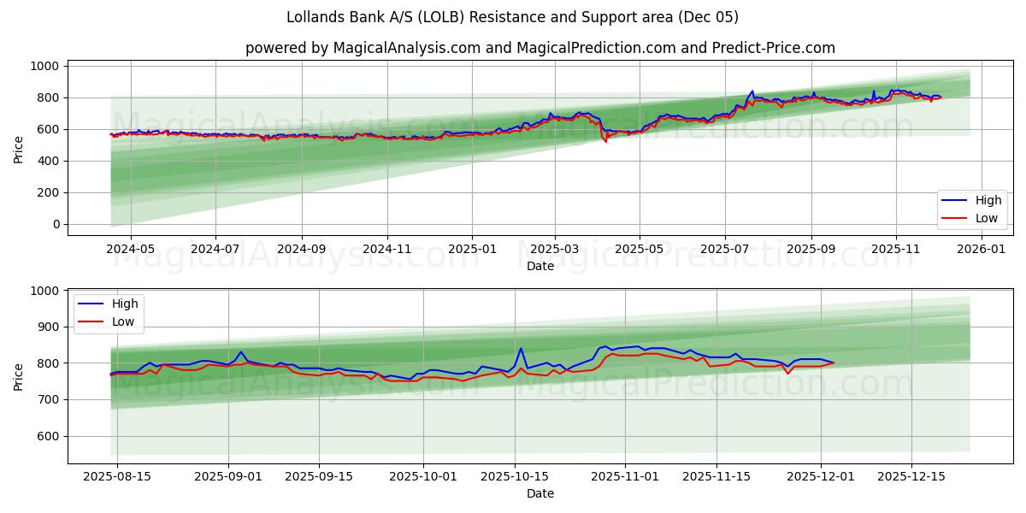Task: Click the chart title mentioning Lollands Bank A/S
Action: pyautogui.click(x=513, y=17)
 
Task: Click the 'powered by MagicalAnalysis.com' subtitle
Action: pyautogui.click(x=540, y=48)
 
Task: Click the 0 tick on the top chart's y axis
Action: pyautogui.click(x=55, y=224)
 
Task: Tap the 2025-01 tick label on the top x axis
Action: pyautogui.click(x=472, y=249)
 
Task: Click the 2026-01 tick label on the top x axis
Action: pyautogui.click(x=981, y=249)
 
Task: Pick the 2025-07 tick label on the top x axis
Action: pyautogui.click(x=724, y=249)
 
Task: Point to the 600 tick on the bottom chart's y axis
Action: pyautogui.click(x=47, y=436)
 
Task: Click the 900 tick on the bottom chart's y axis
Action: pyautogui.click(x=47, y=327)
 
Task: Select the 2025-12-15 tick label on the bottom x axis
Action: pyautogui.click(x=911, y=476)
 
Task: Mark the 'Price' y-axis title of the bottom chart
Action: pyautogui.click(x=19, y=375)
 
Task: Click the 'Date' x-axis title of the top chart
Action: pyautogui.click(x=540, y=266)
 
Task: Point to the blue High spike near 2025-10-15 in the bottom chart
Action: pyautogui.click(x=521, y=348)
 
